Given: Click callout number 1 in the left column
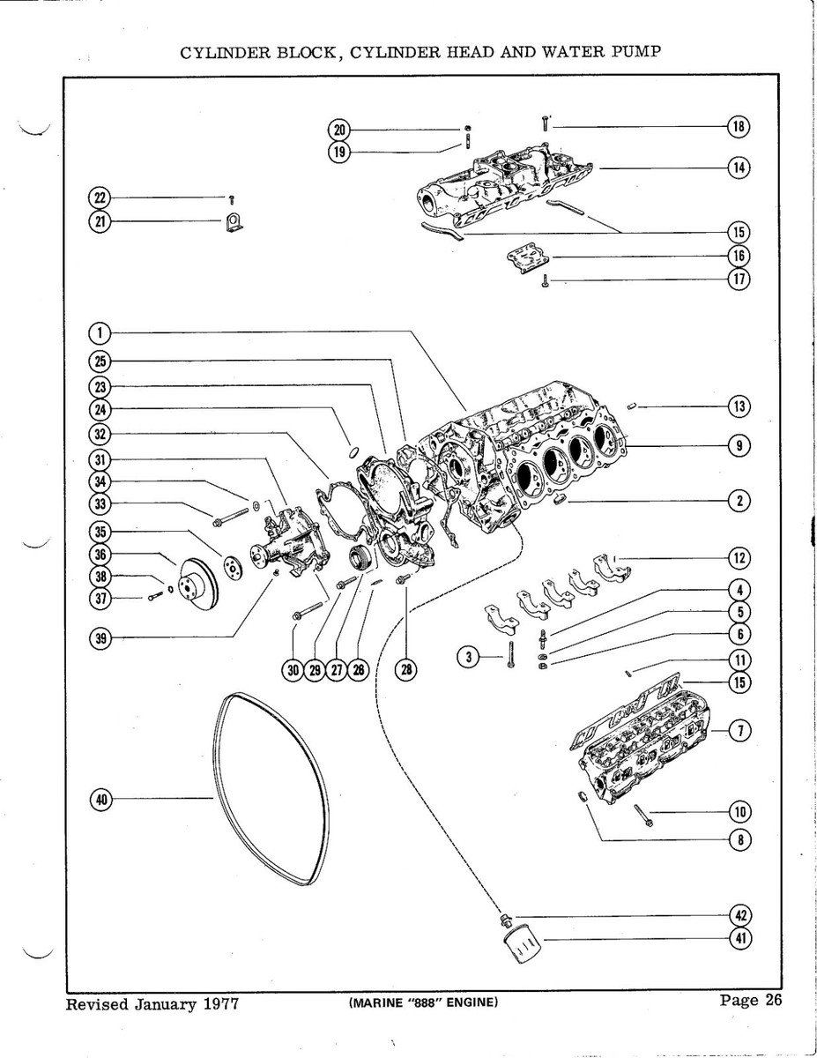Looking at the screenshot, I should click(x=100, y=332).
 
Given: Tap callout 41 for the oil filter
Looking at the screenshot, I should click(x=740, y=939).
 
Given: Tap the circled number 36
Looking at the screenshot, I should click(x=100, y=555).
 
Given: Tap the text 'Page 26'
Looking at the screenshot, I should click(x=750, y=1000).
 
